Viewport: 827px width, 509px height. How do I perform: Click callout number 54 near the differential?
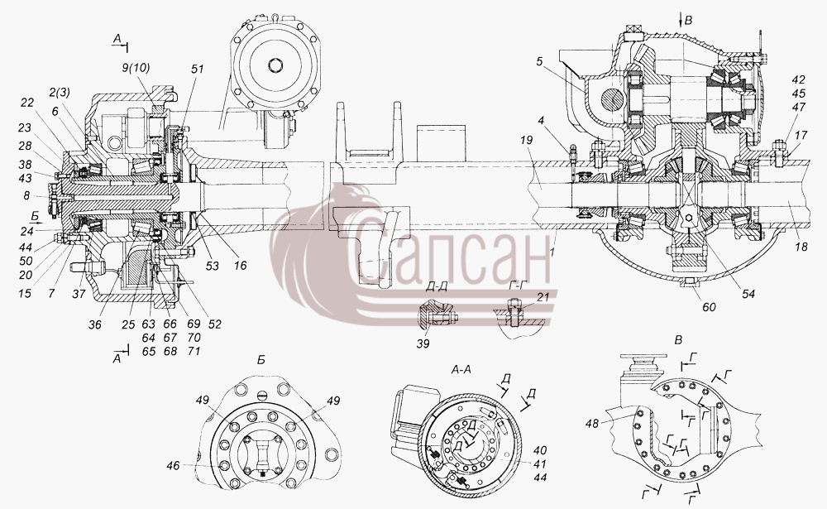[748, 294]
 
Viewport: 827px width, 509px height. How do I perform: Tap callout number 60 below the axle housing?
[710, 307]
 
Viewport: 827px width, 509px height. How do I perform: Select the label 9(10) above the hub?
[136, 68]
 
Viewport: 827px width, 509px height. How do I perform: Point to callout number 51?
[198, 70]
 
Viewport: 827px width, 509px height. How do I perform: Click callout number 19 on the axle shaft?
[526, 140]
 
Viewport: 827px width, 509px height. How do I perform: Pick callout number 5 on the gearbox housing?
[539, 61]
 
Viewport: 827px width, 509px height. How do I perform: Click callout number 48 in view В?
[592, 423]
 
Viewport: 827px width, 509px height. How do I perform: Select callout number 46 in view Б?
[173, 465]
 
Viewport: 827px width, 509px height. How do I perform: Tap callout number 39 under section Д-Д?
[423, 343]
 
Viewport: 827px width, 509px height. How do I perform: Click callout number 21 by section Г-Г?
[543, 297]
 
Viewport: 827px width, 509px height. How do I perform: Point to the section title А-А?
[461, 371]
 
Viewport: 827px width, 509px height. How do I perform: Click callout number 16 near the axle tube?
[240, 266]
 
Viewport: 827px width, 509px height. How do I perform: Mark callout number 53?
[212, 266]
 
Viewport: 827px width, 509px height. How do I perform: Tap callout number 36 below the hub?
[94, 324]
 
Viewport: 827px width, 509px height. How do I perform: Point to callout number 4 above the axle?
[540, 120]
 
